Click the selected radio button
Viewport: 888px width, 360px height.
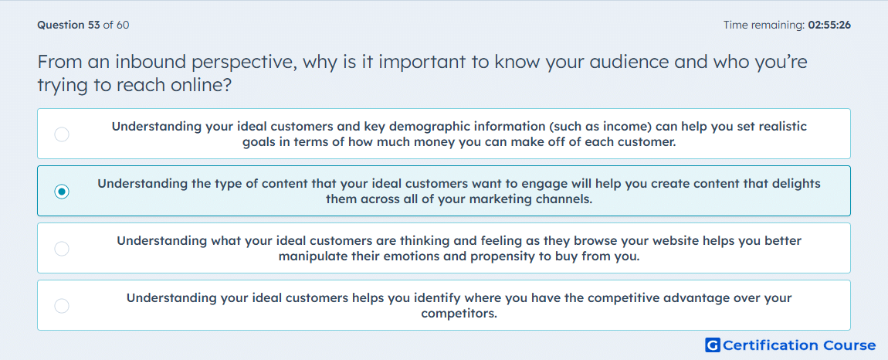tap(62, 192)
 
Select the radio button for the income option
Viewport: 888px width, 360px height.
tap(62, 134)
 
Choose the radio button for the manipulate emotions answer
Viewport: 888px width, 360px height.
tap(62, 249)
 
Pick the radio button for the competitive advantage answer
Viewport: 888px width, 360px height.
tap(62, 306)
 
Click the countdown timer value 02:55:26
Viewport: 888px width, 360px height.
tap(829, 25)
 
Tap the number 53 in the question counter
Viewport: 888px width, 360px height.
tap(93, 25)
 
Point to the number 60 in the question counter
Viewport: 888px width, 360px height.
tap(123, 25)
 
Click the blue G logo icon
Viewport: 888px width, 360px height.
tap(713, 345)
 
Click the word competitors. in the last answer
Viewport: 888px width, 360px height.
tap(459, 314)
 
